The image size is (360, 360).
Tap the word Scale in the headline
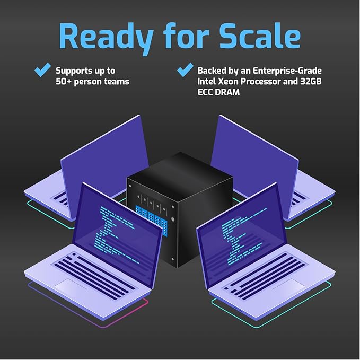[x=260, y=36]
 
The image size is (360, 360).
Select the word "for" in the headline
[x=186, y=36]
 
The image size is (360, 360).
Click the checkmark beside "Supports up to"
[x=43, y=69]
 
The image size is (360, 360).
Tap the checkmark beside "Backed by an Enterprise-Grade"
[x=185, y=69]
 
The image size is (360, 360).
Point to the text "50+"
[x=64, y=82]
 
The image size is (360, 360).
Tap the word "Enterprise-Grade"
[x=287, y=71]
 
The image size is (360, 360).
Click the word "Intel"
[x=206, y=81]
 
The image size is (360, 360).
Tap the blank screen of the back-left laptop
[x=104, y=159]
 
